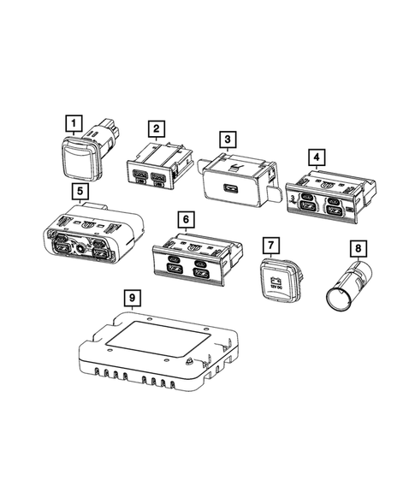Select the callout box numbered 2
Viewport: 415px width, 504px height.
[156, 129]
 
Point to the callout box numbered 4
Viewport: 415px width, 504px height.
[317, 157]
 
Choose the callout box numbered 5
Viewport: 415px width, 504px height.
[79, 191]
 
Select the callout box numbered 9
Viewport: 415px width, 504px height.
[131, 297]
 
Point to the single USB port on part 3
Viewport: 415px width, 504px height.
[231, 190]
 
